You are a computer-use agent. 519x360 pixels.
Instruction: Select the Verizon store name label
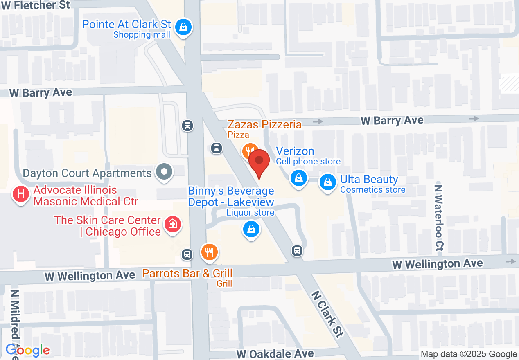295,151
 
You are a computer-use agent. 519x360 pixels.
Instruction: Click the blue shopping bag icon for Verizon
299,178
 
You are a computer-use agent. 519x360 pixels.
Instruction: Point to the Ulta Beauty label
369,180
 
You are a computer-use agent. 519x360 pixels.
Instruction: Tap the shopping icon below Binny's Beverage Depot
251,229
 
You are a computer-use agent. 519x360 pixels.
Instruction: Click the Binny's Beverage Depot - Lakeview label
231,196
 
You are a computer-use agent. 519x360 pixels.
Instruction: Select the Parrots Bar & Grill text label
187,273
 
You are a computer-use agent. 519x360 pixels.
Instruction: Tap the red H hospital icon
21,194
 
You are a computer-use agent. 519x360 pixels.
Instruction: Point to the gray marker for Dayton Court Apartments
165,172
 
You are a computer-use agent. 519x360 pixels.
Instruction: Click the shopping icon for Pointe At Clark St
183,27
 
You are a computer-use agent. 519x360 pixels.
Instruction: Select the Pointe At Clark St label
126,25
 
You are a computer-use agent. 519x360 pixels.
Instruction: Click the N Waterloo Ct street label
439,217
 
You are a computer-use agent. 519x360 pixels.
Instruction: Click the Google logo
28,350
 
